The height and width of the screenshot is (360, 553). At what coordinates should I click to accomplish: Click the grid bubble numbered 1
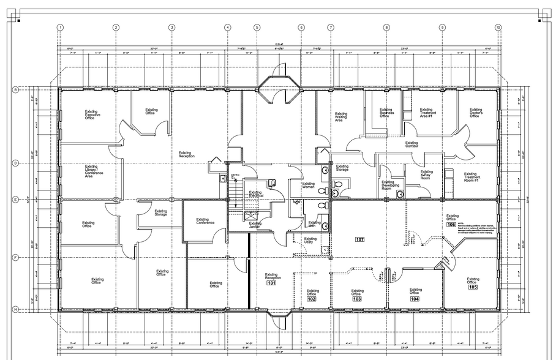[x=61, y=28]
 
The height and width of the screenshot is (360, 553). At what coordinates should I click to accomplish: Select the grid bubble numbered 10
[x=498, y=28]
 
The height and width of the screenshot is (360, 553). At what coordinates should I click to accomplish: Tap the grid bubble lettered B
[x=15, y=89]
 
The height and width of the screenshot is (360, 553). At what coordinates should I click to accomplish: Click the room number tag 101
[x=271, y=283]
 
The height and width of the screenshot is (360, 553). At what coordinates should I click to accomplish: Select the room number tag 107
[x=359, y=239]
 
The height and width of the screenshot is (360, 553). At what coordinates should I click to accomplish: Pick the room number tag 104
[x=415, y=299]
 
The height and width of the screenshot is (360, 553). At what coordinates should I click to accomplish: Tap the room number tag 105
[x=473, y=287]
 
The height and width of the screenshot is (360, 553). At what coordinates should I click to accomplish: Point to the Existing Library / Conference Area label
[x=94, y=171]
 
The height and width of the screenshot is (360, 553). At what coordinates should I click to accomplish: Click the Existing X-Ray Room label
[x=426, y=174]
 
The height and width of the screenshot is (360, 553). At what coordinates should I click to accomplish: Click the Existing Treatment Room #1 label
[x=470, y=177]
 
